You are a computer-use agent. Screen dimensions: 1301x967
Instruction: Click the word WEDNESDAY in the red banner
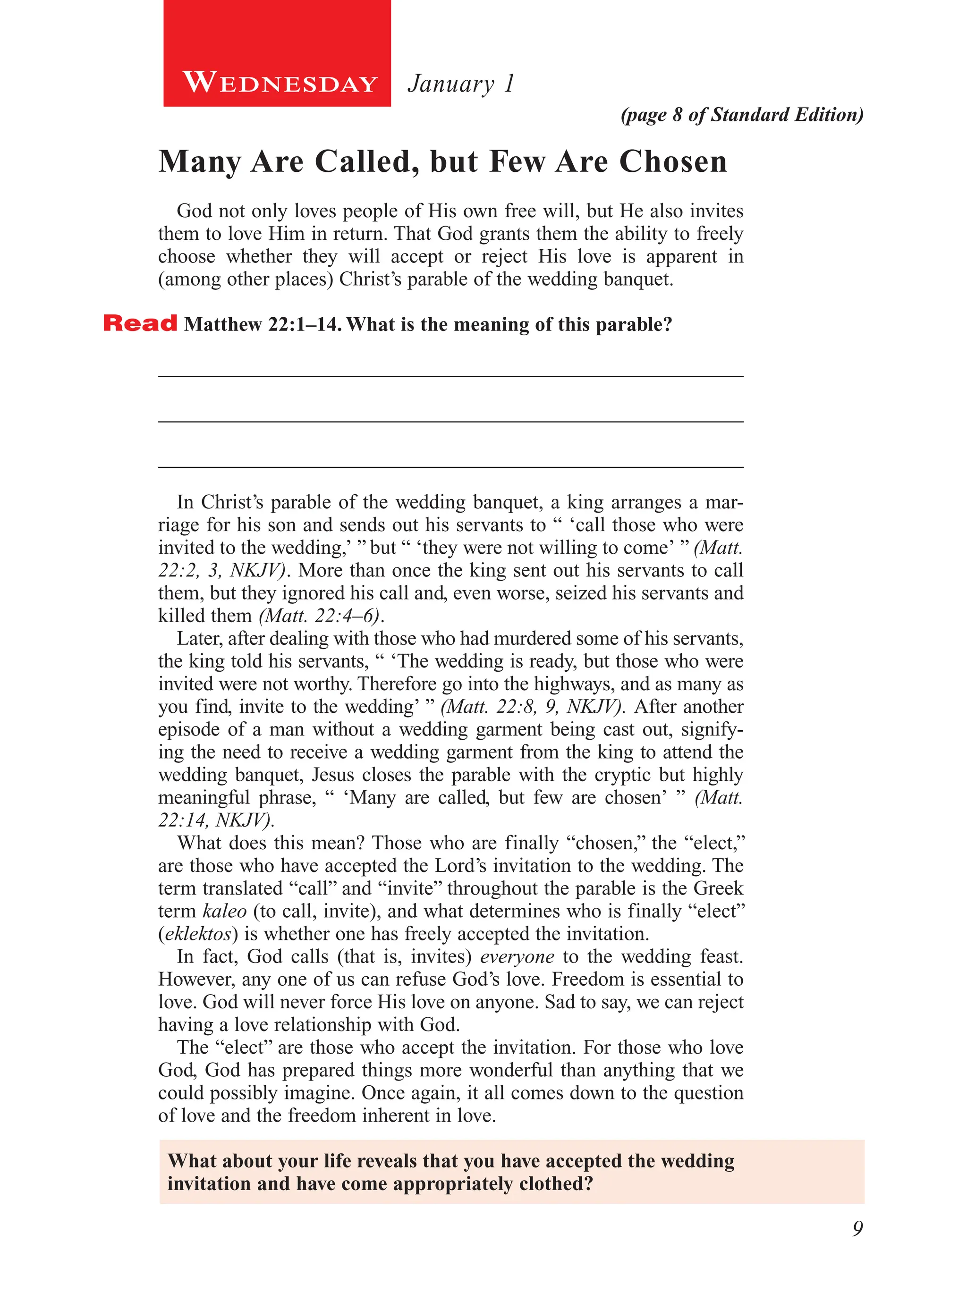point(280,83)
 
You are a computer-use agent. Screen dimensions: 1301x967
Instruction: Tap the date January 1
point(461,84)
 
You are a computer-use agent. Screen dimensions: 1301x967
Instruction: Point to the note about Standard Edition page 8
point(742,115)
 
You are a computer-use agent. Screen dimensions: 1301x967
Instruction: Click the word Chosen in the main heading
point(673,161)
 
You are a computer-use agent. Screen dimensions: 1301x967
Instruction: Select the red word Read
point(140,323)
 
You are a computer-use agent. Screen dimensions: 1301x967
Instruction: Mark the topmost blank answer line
point(451,376)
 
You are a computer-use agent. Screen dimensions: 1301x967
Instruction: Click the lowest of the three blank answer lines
point(451,467)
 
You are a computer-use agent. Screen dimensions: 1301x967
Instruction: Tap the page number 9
point(857,1228)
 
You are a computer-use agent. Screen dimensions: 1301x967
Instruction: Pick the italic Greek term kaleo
point(225,911)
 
